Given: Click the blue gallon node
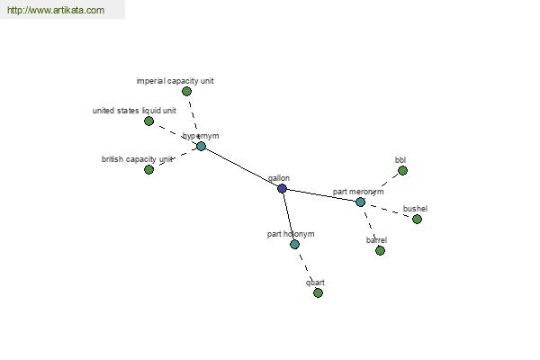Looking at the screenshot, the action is point(282,188).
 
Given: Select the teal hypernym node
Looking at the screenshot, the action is point(201,147).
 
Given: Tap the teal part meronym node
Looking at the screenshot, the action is point(361,202).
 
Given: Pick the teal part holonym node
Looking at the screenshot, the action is point(294,245).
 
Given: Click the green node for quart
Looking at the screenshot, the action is point(319,292).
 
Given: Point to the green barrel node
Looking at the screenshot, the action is point(380,251).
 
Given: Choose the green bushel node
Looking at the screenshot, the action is point(417,219).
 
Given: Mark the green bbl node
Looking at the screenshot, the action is point(402,170).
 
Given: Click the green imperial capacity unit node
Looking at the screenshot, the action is point(186,91).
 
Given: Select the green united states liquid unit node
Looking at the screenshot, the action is point(148,121).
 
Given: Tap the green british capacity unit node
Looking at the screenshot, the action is point(148,169).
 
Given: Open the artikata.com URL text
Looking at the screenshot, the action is point(56,10).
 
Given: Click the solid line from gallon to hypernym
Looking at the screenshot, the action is point(241,167).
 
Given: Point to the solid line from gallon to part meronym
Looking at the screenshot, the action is point(321,195).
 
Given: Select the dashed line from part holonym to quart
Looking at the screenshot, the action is point(306,269).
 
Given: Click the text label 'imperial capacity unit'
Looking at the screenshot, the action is point(175,81).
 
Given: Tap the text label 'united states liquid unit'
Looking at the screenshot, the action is point(134,111).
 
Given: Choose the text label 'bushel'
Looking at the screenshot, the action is point(415,209).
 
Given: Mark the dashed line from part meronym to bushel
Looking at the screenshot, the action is point(389,211).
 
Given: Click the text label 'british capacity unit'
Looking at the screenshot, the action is point(137,159).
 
